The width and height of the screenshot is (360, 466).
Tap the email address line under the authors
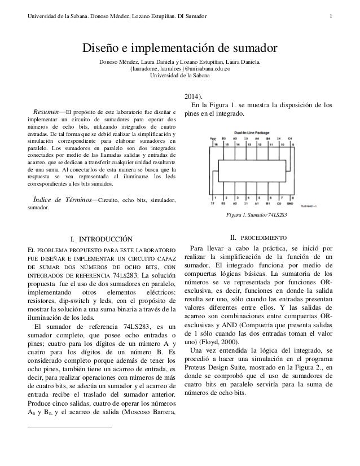179,70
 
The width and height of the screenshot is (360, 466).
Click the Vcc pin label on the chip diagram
213,138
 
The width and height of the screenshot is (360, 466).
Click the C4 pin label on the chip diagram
289,138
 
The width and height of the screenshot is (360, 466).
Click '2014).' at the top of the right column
195,95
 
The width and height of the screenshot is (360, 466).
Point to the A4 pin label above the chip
257,138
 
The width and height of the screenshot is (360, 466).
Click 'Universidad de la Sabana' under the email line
179,77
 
